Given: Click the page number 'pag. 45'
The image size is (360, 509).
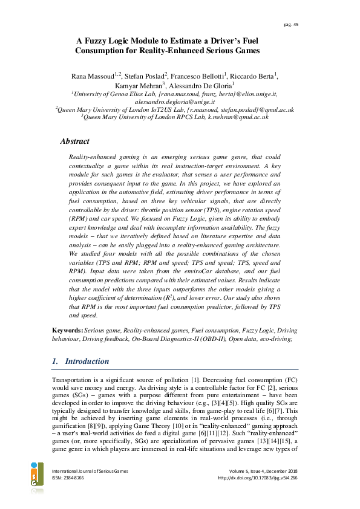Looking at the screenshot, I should point(292,24).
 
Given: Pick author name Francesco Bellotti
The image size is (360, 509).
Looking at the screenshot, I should point(198,76).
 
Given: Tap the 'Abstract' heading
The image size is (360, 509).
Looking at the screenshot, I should point(74,141).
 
